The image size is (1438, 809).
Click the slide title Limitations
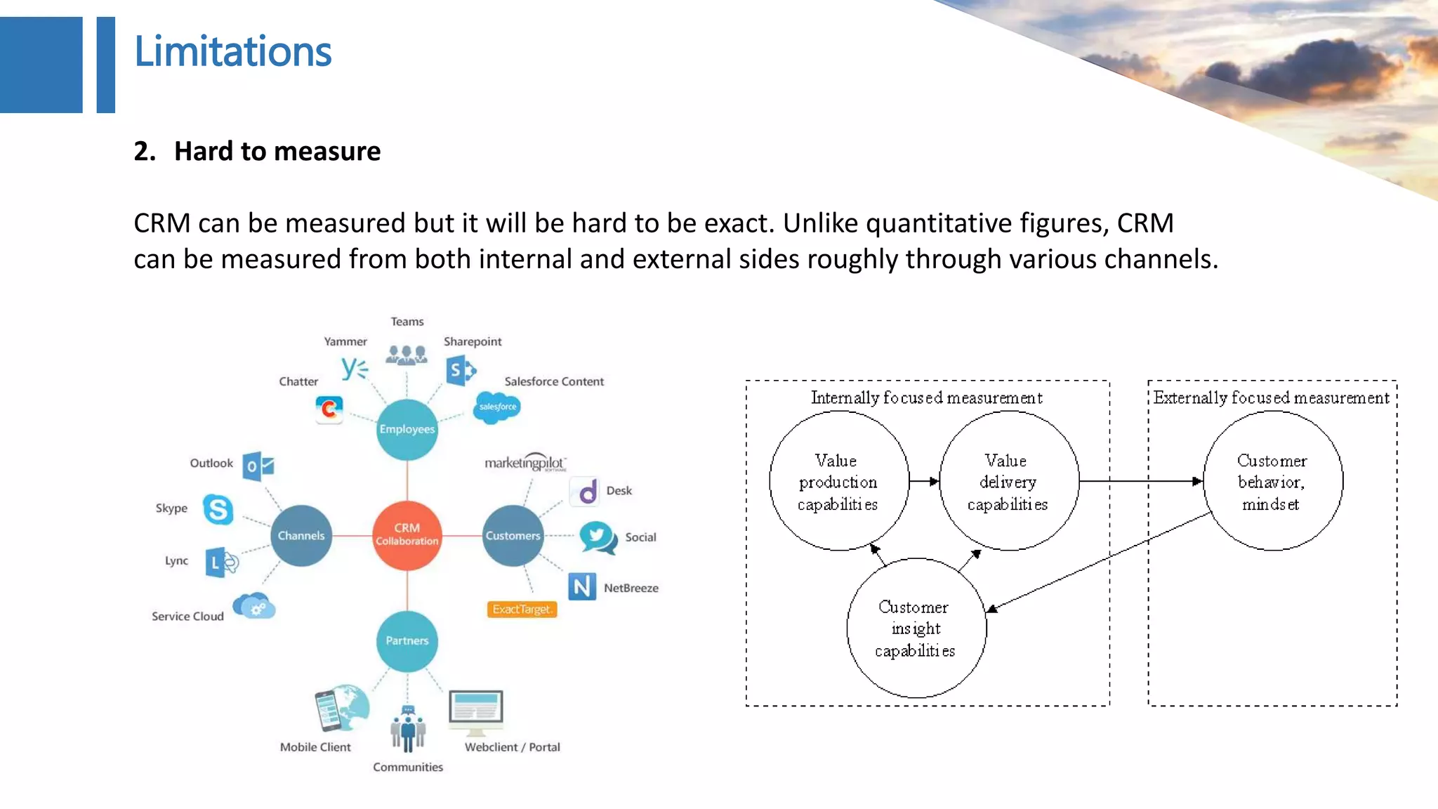232,52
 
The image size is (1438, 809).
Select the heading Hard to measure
277,151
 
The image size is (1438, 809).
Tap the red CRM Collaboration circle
407,535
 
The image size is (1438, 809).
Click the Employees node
407,429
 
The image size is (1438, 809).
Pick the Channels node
301,535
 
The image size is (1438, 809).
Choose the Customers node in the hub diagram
513,535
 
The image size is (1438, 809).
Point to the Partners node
407,640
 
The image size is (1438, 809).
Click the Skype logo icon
218,509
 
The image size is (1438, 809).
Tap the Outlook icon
258,466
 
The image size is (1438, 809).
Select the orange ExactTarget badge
522,609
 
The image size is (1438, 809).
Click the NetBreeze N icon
581,586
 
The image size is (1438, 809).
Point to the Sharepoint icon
460,370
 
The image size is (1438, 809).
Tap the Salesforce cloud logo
497,407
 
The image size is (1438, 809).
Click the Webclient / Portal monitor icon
476,710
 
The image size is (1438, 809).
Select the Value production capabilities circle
838,482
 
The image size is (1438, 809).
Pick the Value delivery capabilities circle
1008,482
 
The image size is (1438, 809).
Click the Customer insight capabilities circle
916,629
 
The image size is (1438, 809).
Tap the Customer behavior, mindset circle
1272,482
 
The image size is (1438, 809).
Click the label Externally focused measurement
1271,398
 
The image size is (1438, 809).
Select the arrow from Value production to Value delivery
924,482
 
